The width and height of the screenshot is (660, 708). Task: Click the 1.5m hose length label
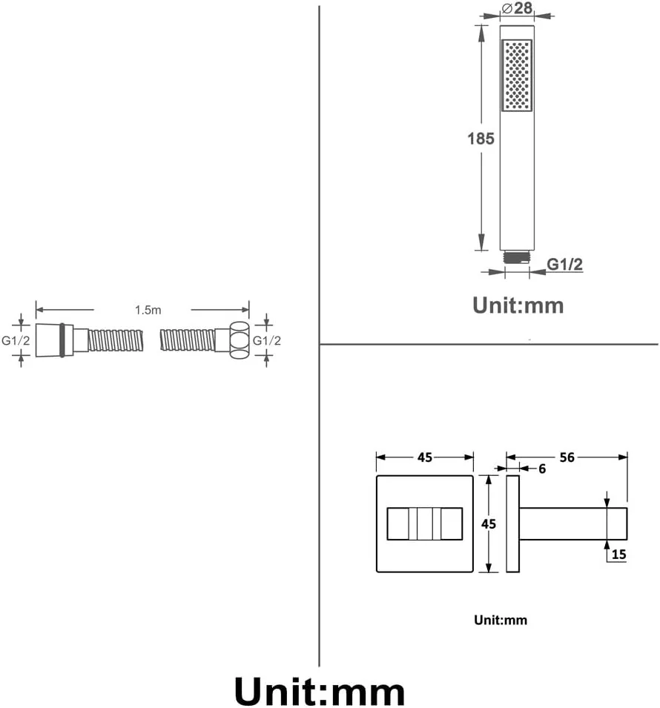tap(148, 311)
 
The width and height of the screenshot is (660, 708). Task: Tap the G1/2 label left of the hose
tap(16, 340)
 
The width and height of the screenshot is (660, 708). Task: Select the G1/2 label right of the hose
tap(267, 340)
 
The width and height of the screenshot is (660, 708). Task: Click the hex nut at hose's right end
tap(239, 340)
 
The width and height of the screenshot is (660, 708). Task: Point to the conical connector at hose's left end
tap(49, 340)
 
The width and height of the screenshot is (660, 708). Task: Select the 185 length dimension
tap(481, 138)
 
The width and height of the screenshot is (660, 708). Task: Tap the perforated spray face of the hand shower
tap(517, 75)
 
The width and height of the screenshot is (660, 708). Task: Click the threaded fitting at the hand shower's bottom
tap(517, 257)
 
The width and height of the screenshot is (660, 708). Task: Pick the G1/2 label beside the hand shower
tap(564, 264)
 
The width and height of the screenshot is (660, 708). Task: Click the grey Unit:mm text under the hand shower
tap(518, 305)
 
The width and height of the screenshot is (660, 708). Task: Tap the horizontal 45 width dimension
tap(424, 457)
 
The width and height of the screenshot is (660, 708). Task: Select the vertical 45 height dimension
tap(489, 523)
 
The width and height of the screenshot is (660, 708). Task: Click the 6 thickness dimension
tap(542, 469)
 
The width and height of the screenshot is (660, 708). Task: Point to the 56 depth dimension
tap(567, 457)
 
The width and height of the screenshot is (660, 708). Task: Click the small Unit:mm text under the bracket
tap(501, 620)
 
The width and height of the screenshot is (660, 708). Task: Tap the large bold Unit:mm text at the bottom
tap(320, 691)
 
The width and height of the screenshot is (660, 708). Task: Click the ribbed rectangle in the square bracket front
tap(424, 523)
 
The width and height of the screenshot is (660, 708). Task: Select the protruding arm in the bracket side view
tap(573, 523)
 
